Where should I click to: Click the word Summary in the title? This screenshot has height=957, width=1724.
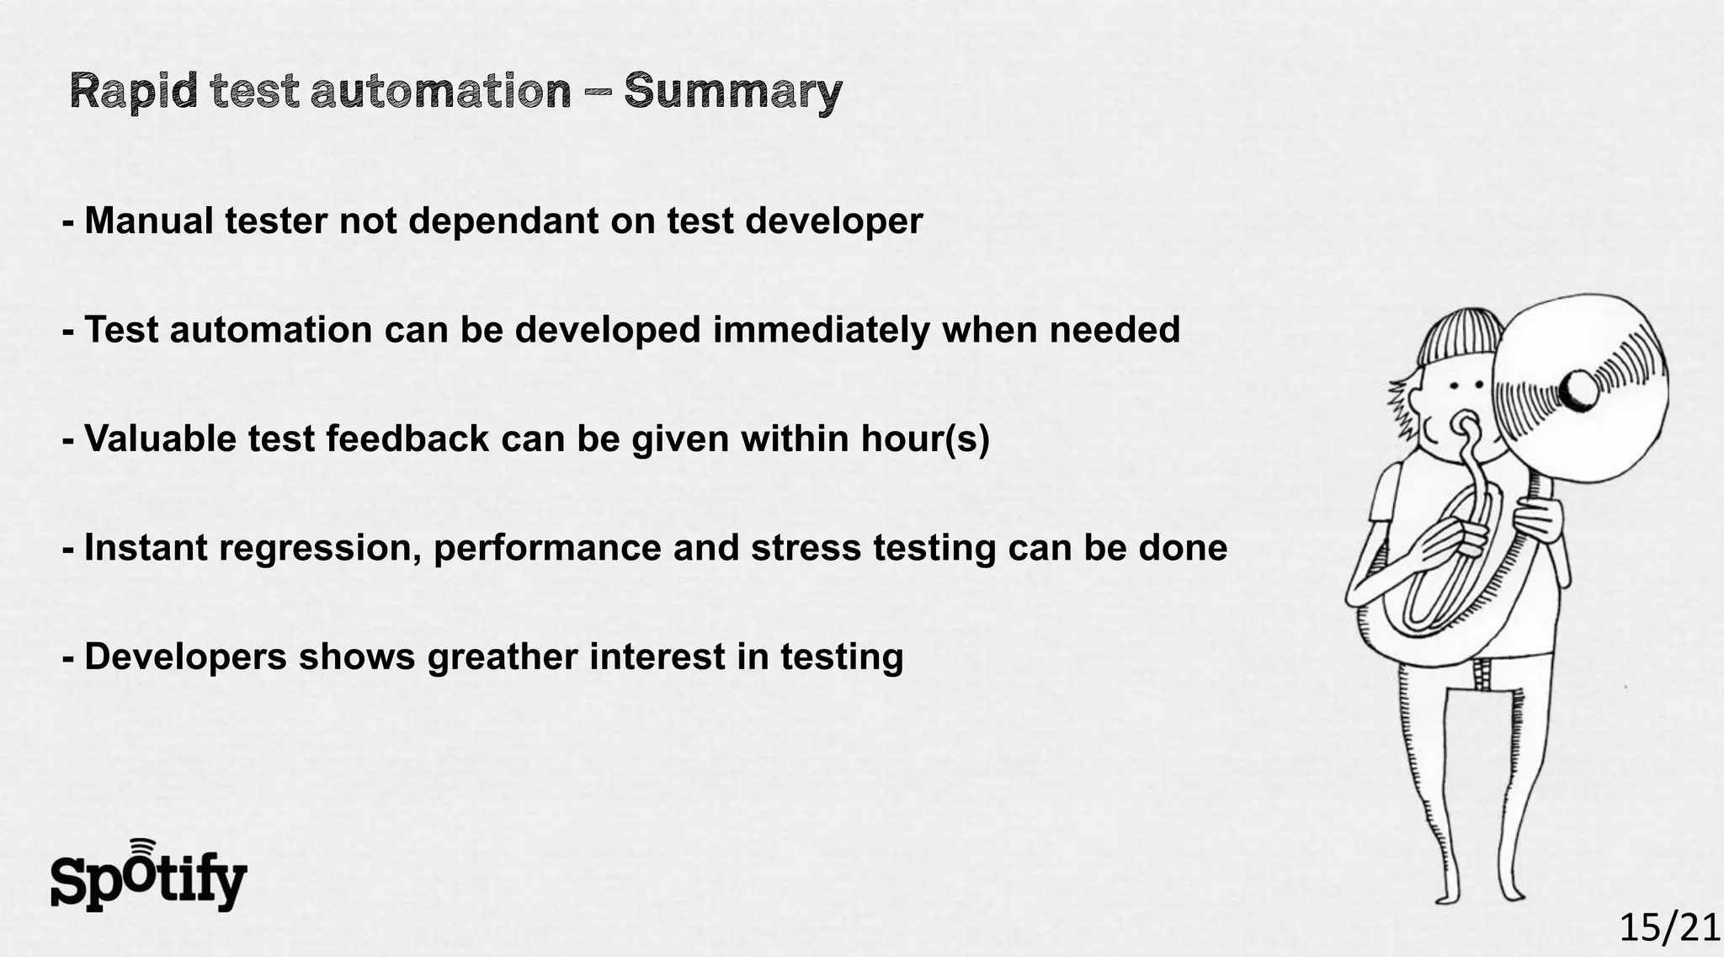(x=732, y=91)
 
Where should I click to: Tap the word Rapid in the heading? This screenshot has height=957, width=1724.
(x=133, y=91)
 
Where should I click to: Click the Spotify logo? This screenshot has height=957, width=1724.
(x=148, y=877)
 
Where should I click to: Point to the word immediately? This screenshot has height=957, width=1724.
(x=821, y=330)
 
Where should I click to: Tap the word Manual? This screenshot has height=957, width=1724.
(x=148, y=221)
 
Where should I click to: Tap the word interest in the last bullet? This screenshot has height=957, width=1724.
(x=657, y=657)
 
